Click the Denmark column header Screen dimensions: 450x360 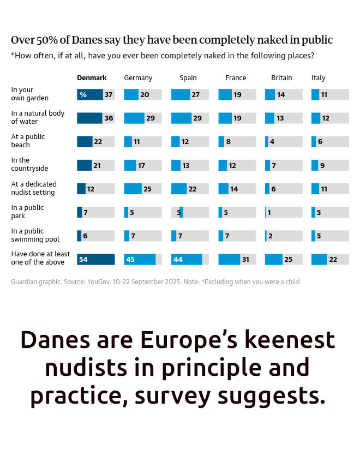[x=92, y=78]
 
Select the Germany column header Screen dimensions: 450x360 [x=138, y=78]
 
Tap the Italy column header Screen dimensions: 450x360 [x=319, y=78]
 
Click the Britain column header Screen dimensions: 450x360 [x=281, y=78]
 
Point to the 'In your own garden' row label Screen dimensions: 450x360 [x=30, y=94]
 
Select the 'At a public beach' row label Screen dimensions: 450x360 [x=28, y=141]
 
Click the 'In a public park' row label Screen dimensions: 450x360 [x=28, y=212]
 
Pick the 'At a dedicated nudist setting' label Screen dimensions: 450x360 [x=33, y=188]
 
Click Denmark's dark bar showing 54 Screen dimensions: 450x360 [x=96, y=259]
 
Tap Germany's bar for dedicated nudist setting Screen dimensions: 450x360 [x=133, y=189]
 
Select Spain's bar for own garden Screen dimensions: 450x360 [x=181, y=94]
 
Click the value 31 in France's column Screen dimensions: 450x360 [x=245, y=260]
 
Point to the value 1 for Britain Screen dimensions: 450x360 [x=269, y=213]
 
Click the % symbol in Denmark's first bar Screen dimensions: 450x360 [x=83, y=95]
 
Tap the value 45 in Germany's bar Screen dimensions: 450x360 [x=131, y=260]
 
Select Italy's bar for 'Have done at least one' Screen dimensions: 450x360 [x=319, y=259]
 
